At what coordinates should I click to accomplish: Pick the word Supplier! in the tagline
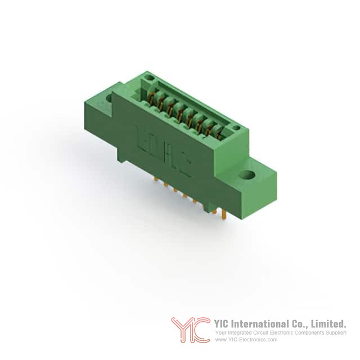click(337, 333)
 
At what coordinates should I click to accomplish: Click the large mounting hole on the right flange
click(247, 175)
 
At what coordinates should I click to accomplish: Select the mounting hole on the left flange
click(109, 99)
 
